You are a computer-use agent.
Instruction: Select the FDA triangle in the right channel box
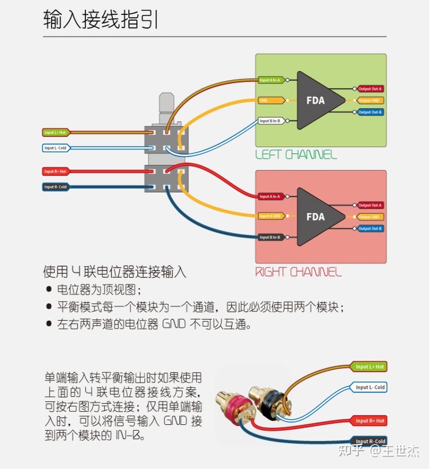tap(317, 217)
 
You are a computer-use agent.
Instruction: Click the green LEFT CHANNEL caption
tap(296, 155)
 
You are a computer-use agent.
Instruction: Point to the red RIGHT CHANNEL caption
tap(299, 272)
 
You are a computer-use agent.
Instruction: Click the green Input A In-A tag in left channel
tap(271, 79)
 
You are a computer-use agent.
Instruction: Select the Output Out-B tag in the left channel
tap(370, 112)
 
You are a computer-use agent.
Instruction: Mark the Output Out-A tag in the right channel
tap(370, 206)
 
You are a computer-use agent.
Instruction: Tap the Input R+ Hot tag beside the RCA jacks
tap(370, 421)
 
